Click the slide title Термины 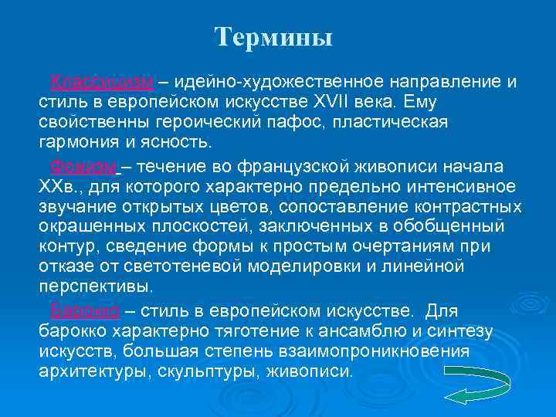pyautogui.click(x=273, y=37)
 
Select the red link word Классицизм pyautogui.click(x=103, y=83)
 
